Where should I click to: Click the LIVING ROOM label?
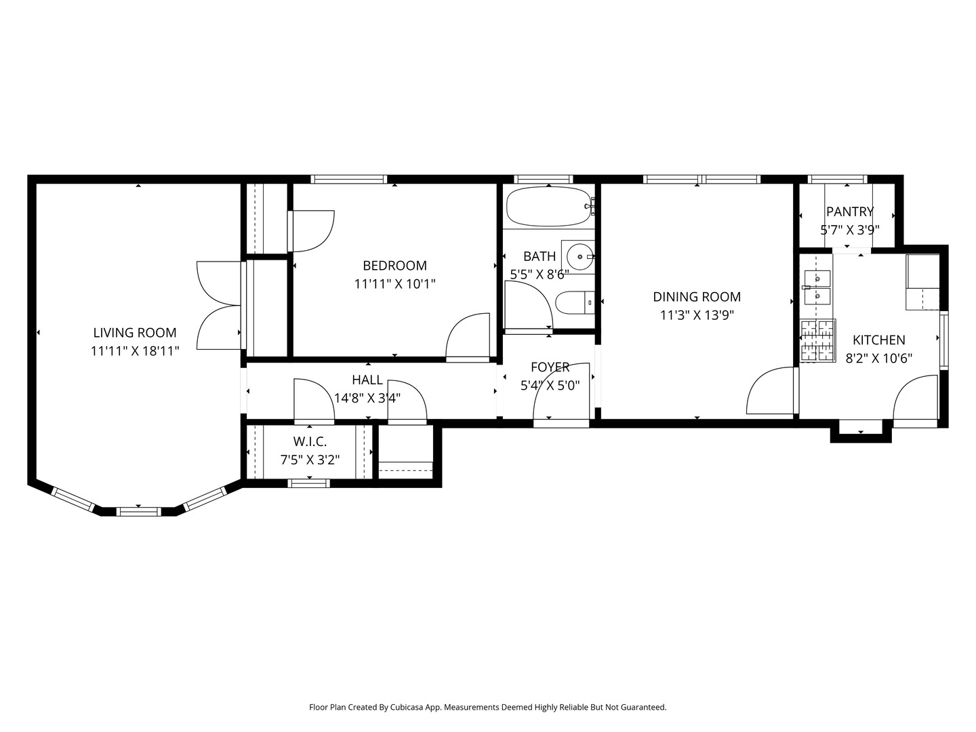tap(134, 333)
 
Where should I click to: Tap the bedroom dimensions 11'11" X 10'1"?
tap(394, 284)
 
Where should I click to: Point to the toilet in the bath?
tap(573, 302)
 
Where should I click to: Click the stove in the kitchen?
tap(817, 340)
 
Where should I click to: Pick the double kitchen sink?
tap(817, 287)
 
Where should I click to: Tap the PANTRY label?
tap(849, 212)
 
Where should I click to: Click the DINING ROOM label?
tap(696, 297)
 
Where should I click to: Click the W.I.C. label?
tap(310, 442)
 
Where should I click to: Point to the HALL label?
tap(367, 380)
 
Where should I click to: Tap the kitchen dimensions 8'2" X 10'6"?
tap(878, 359)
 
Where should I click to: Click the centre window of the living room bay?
tap(138, 511)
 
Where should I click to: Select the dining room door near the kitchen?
tap(771, 392)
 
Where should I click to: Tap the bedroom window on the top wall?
tap(348, 180)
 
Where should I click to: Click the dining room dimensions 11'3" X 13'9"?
tap(697, 315)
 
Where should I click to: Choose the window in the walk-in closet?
tap(309, 483)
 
